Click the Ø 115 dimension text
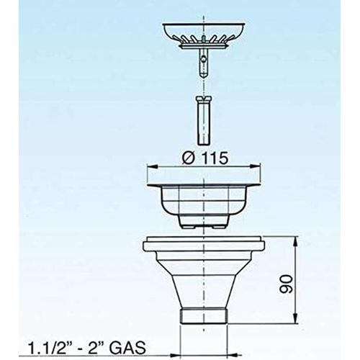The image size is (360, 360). pyautogui.click(x=204, y=158)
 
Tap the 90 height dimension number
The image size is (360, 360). pyautogui.click(x=286, y=284)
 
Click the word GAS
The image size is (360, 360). pyautogui.click(x=127, y=347)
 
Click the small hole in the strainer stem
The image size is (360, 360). pyautogui.click(x=204, y=58)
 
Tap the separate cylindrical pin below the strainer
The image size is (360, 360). pyautogui.click(x=204, y=120)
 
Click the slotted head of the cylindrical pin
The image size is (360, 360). pyautogui.click(x=204, y=99)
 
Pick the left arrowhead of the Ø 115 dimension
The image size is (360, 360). pyautogui.click(x=152, y=166)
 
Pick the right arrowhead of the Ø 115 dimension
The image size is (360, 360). pyautogui.click(x=256, y=166)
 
